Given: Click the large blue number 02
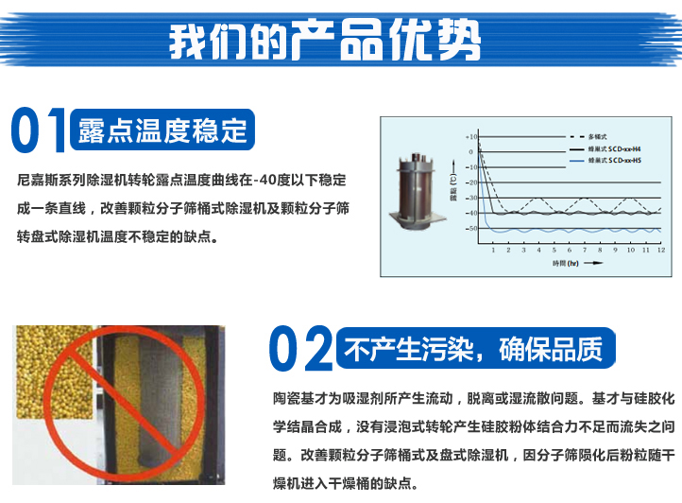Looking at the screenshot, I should click(300, 350).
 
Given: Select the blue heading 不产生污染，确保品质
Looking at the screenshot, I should click(473, 350).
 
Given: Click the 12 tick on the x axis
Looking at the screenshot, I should click(659, 249).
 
